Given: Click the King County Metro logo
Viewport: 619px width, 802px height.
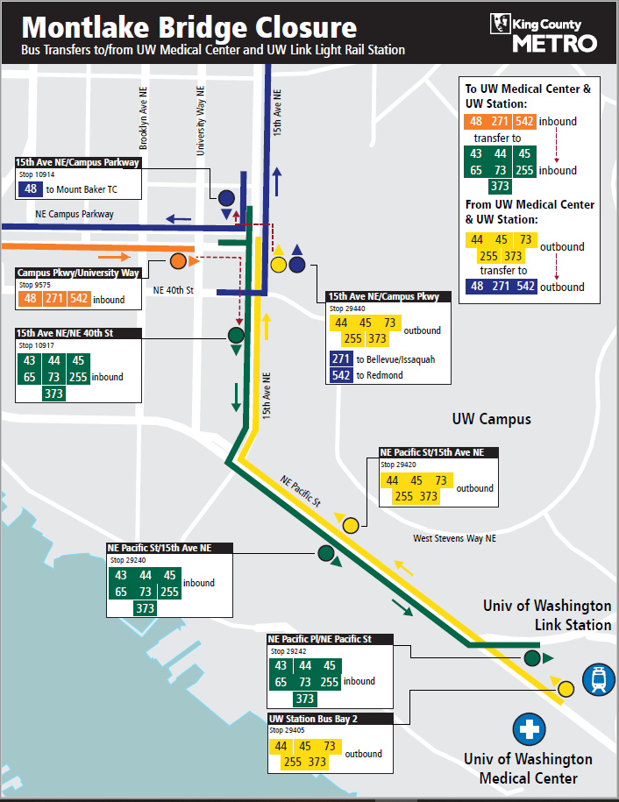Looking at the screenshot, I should pos(544,33).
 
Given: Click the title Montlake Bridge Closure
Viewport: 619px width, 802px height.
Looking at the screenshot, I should pos(189,27).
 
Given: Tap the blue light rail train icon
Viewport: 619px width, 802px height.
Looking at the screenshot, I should pos(599,679).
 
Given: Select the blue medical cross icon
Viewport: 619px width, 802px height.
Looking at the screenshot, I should pos(529,728).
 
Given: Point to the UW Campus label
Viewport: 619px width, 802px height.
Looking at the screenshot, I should pos(491,419).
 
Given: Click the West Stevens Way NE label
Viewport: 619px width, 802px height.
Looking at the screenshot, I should pos(454,538).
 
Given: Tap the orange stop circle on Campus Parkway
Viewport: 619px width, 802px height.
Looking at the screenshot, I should pos(178,261).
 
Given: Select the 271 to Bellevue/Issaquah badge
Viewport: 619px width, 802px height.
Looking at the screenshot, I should pos(341,359).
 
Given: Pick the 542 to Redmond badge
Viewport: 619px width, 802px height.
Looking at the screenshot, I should pos(341,375).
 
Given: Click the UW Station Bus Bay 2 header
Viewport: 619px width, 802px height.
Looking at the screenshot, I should pos(313,719).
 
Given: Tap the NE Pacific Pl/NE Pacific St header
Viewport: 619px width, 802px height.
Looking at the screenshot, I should pos(319,639).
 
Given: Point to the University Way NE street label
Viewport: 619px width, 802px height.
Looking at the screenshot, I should pos(201,121).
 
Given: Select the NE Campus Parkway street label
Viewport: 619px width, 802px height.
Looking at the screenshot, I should pos(75,215).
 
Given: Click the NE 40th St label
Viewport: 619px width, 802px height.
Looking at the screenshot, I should pos(172,290).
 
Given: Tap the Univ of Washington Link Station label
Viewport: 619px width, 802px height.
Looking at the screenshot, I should pos(547,615).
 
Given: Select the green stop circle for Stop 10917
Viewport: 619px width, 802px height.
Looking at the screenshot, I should pos(236,334).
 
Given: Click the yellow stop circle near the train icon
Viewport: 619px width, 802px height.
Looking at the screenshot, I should pos(566,689).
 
